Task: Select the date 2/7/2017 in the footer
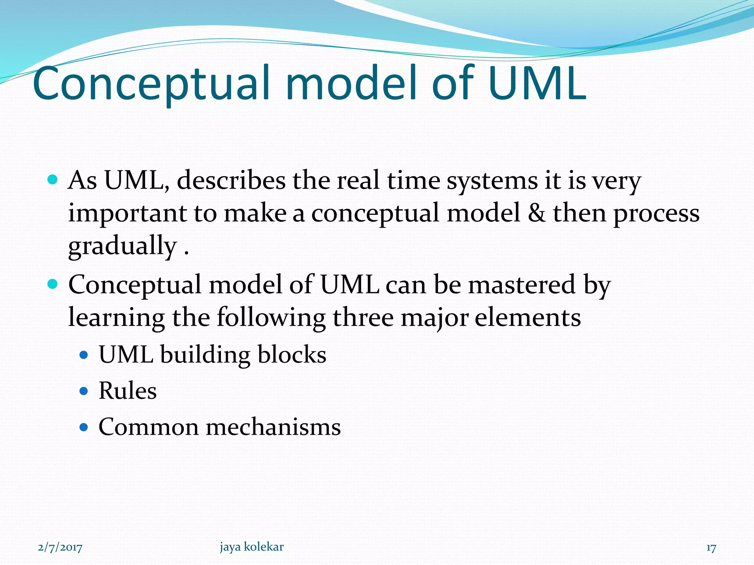[x=60, y=548]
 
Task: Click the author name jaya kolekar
[x=252, y=547]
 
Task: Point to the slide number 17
[x=711, y=548]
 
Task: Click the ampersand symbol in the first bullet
[x=537, y=213]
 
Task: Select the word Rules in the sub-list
[x=127, y=391]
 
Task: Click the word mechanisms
[x=273, y=427]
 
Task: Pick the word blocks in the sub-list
[x=292, y=355]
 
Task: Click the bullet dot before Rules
[x=84, y=391]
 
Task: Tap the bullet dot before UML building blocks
[x=84, y=355]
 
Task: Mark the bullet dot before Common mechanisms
[x=84, y=427]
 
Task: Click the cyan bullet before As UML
[x=53, y=180]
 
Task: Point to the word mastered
[x=521, y=284]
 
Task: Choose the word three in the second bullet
[x=363, y=317]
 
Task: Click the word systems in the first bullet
[x=492, y=181]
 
